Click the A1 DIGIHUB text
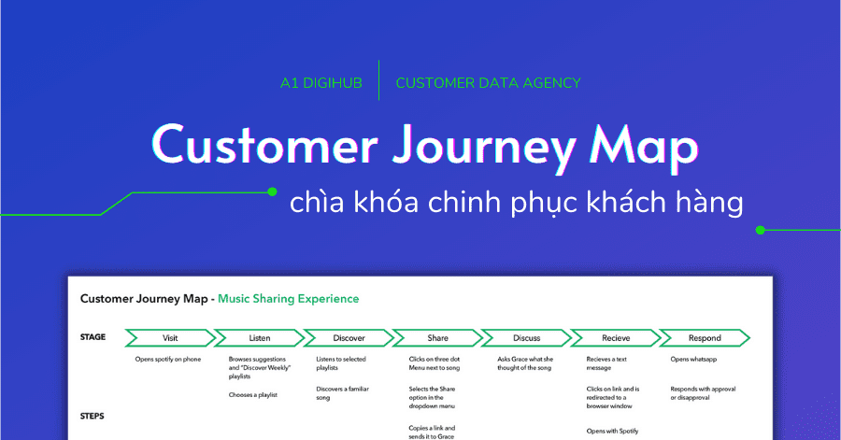321,83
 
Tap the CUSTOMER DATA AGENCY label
488,83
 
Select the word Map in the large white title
644,147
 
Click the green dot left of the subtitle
273,192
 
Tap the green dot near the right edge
760,231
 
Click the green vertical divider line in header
378,80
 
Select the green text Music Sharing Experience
288,299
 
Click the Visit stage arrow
170,338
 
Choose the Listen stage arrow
260,338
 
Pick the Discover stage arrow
349,338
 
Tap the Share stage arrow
437,338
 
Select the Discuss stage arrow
527,338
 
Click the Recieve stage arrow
616,338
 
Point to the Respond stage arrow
705,338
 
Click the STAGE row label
93,337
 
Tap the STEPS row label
93,416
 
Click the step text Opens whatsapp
693,360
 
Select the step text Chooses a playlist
253,395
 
